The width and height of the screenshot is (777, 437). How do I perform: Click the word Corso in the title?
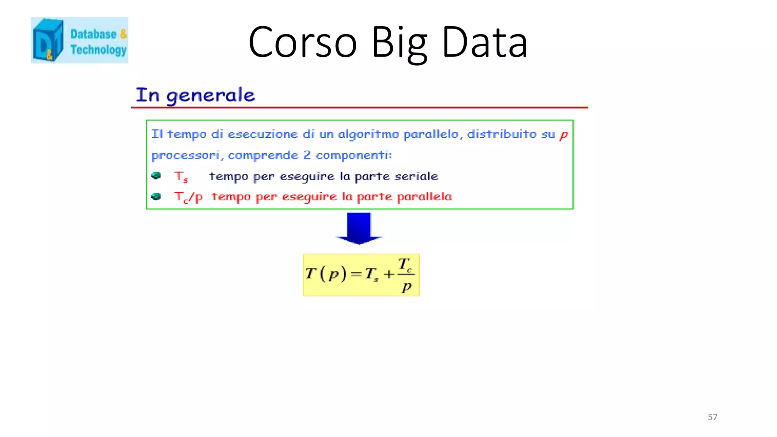302,42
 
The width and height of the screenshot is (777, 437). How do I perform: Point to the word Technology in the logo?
98,50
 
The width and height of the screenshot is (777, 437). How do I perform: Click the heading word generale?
211,95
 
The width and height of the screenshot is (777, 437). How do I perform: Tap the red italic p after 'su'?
564,135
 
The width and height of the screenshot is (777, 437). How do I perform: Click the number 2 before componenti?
307,155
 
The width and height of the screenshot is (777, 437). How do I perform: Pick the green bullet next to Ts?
156,176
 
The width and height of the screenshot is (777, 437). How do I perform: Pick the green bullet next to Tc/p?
156,196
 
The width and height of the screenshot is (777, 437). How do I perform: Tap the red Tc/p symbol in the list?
188,197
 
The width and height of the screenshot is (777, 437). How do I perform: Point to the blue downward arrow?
359,228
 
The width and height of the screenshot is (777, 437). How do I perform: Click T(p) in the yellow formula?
326,274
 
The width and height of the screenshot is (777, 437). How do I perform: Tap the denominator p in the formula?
406,287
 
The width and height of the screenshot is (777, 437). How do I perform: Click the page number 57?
712,417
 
